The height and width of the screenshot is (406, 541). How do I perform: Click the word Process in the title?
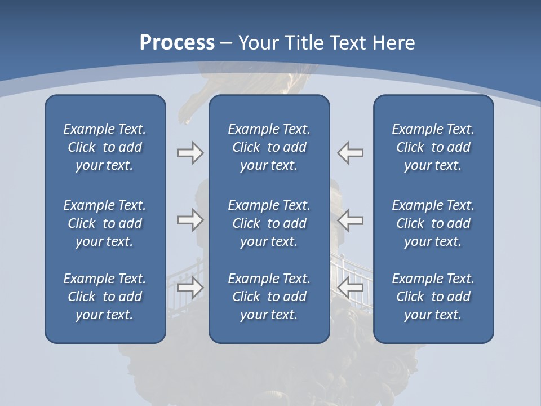coord(177,43)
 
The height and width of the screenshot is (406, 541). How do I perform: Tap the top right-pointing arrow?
coord(190,153)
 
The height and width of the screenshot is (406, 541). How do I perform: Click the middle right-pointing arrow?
coord(190,220)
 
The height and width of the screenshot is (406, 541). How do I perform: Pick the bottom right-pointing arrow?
coord(190,288)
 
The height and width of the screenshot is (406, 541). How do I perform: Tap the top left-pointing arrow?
coord(351,153)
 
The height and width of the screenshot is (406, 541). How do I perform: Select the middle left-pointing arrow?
coord(351,220)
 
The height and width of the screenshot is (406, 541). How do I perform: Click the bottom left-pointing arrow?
coord(351,288)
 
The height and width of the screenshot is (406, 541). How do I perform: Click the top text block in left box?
coord(105,147)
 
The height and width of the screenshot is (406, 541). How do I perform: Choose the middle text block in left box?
coord(105,223)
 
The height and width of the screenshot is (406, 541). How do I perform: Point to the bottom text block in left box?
coord(105,297)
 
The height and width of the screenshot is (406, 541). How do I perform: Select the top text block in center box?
coord(269,147)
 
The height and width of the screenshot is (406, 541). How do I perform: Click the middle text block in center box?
coord(269,223)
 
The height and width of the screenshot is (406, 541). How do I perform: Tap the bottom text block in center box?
coord(269,297)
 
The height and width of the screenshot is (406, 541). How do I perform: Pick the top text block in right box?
coord(433,147)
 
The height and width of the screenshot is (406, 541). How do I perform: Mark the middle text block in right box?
coord(433,223)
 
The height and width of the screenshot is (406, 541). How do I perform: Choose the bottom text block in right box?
coord(433,297)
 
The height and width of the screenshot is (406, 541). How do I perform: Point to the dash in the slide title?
coord(227,43)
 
